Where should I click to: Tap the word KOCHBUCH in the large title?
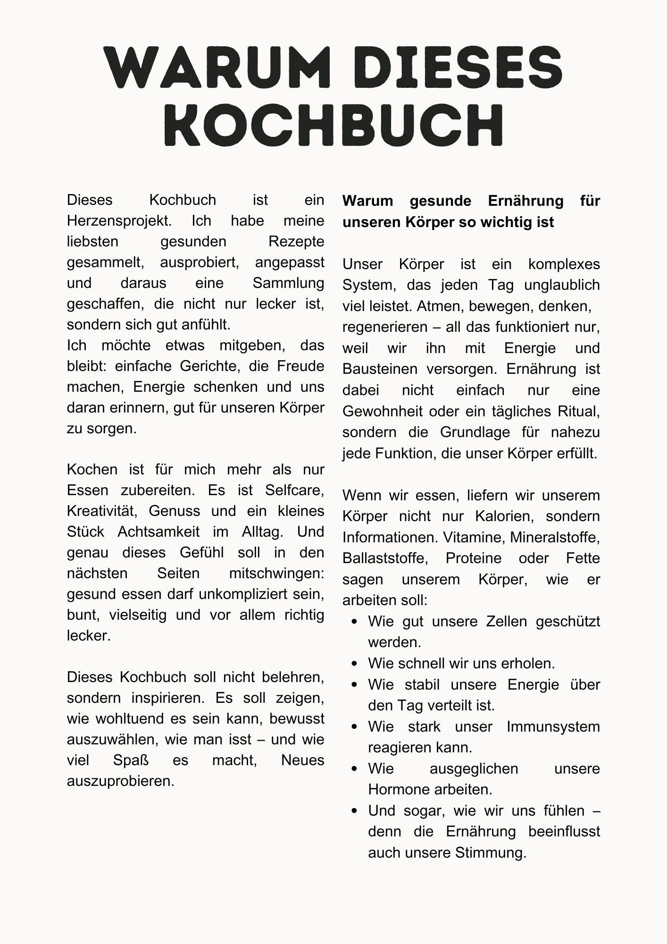click(x=333, y=125)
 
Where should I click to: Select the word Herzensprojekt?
click(x=118, y=221)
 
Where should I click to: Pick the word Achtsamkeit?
click(x=158, y=532)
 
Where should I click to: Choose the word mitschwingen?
click(x=276, y=573)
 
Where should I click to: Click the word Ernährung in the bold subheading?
click(x=525, y=201)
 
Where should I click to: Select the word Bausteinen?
click(x=380, y=369)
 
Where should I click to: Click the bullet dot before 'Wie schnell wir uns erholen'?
click(x=355, y=664)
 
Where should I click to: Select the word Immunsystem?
click(x=553, y=727)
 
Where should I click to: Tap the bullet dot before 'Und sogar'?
click(x=355, y=811)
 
